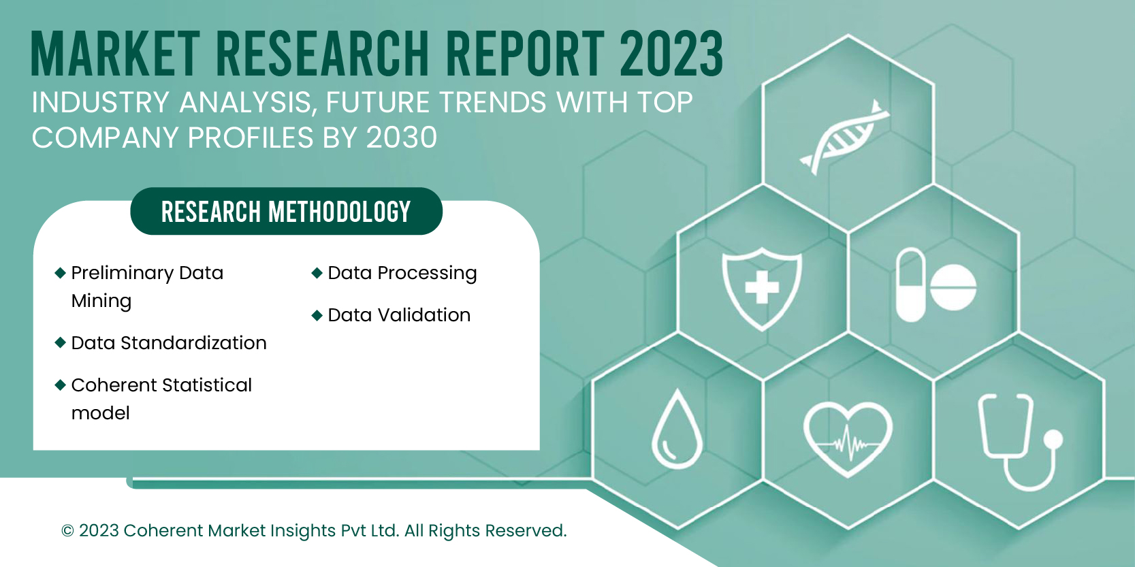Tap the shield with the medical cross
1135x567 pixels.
pyautogui.click(x=762, y=288)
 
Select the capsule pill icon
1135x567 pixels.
pyautogui.click(x=910, y=285)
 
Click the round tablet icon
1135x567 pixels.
pyautogui.click(x=953, y=287)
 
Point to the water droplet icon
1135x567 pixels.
pyautogui.click(x=677, y=430)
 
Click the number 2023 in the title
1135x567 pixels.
pyautogui.click(x=671, y=54)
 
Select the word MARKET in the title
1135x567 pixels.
pyautogui.click(x=115, y=54)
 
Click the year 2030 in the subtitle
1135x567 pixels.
pyautogui.click(x=401, y=138)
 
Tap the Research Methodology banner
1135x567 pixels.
pyautogui.click(x=286, y=212)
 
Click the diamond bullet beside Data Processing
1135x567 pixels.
pyautogui.click(x=317, y=273)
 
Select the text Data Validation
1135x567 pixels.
pyautogui.click(x=399, y=315)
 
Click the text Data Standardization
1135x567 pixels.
pyautogui.click(x=169, y=343)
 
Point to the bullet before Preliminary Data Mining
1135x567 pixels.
pyautogui.click(x=60, y=273)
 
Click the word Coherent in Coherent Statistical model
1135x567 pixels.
pyautogui.click(x=114, y=385)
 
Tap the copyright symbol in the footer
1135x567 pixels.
pyautogui.click(x=67, y=531)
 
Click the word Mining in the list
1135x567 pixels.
pyautogui.click(x=101, y=301)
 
